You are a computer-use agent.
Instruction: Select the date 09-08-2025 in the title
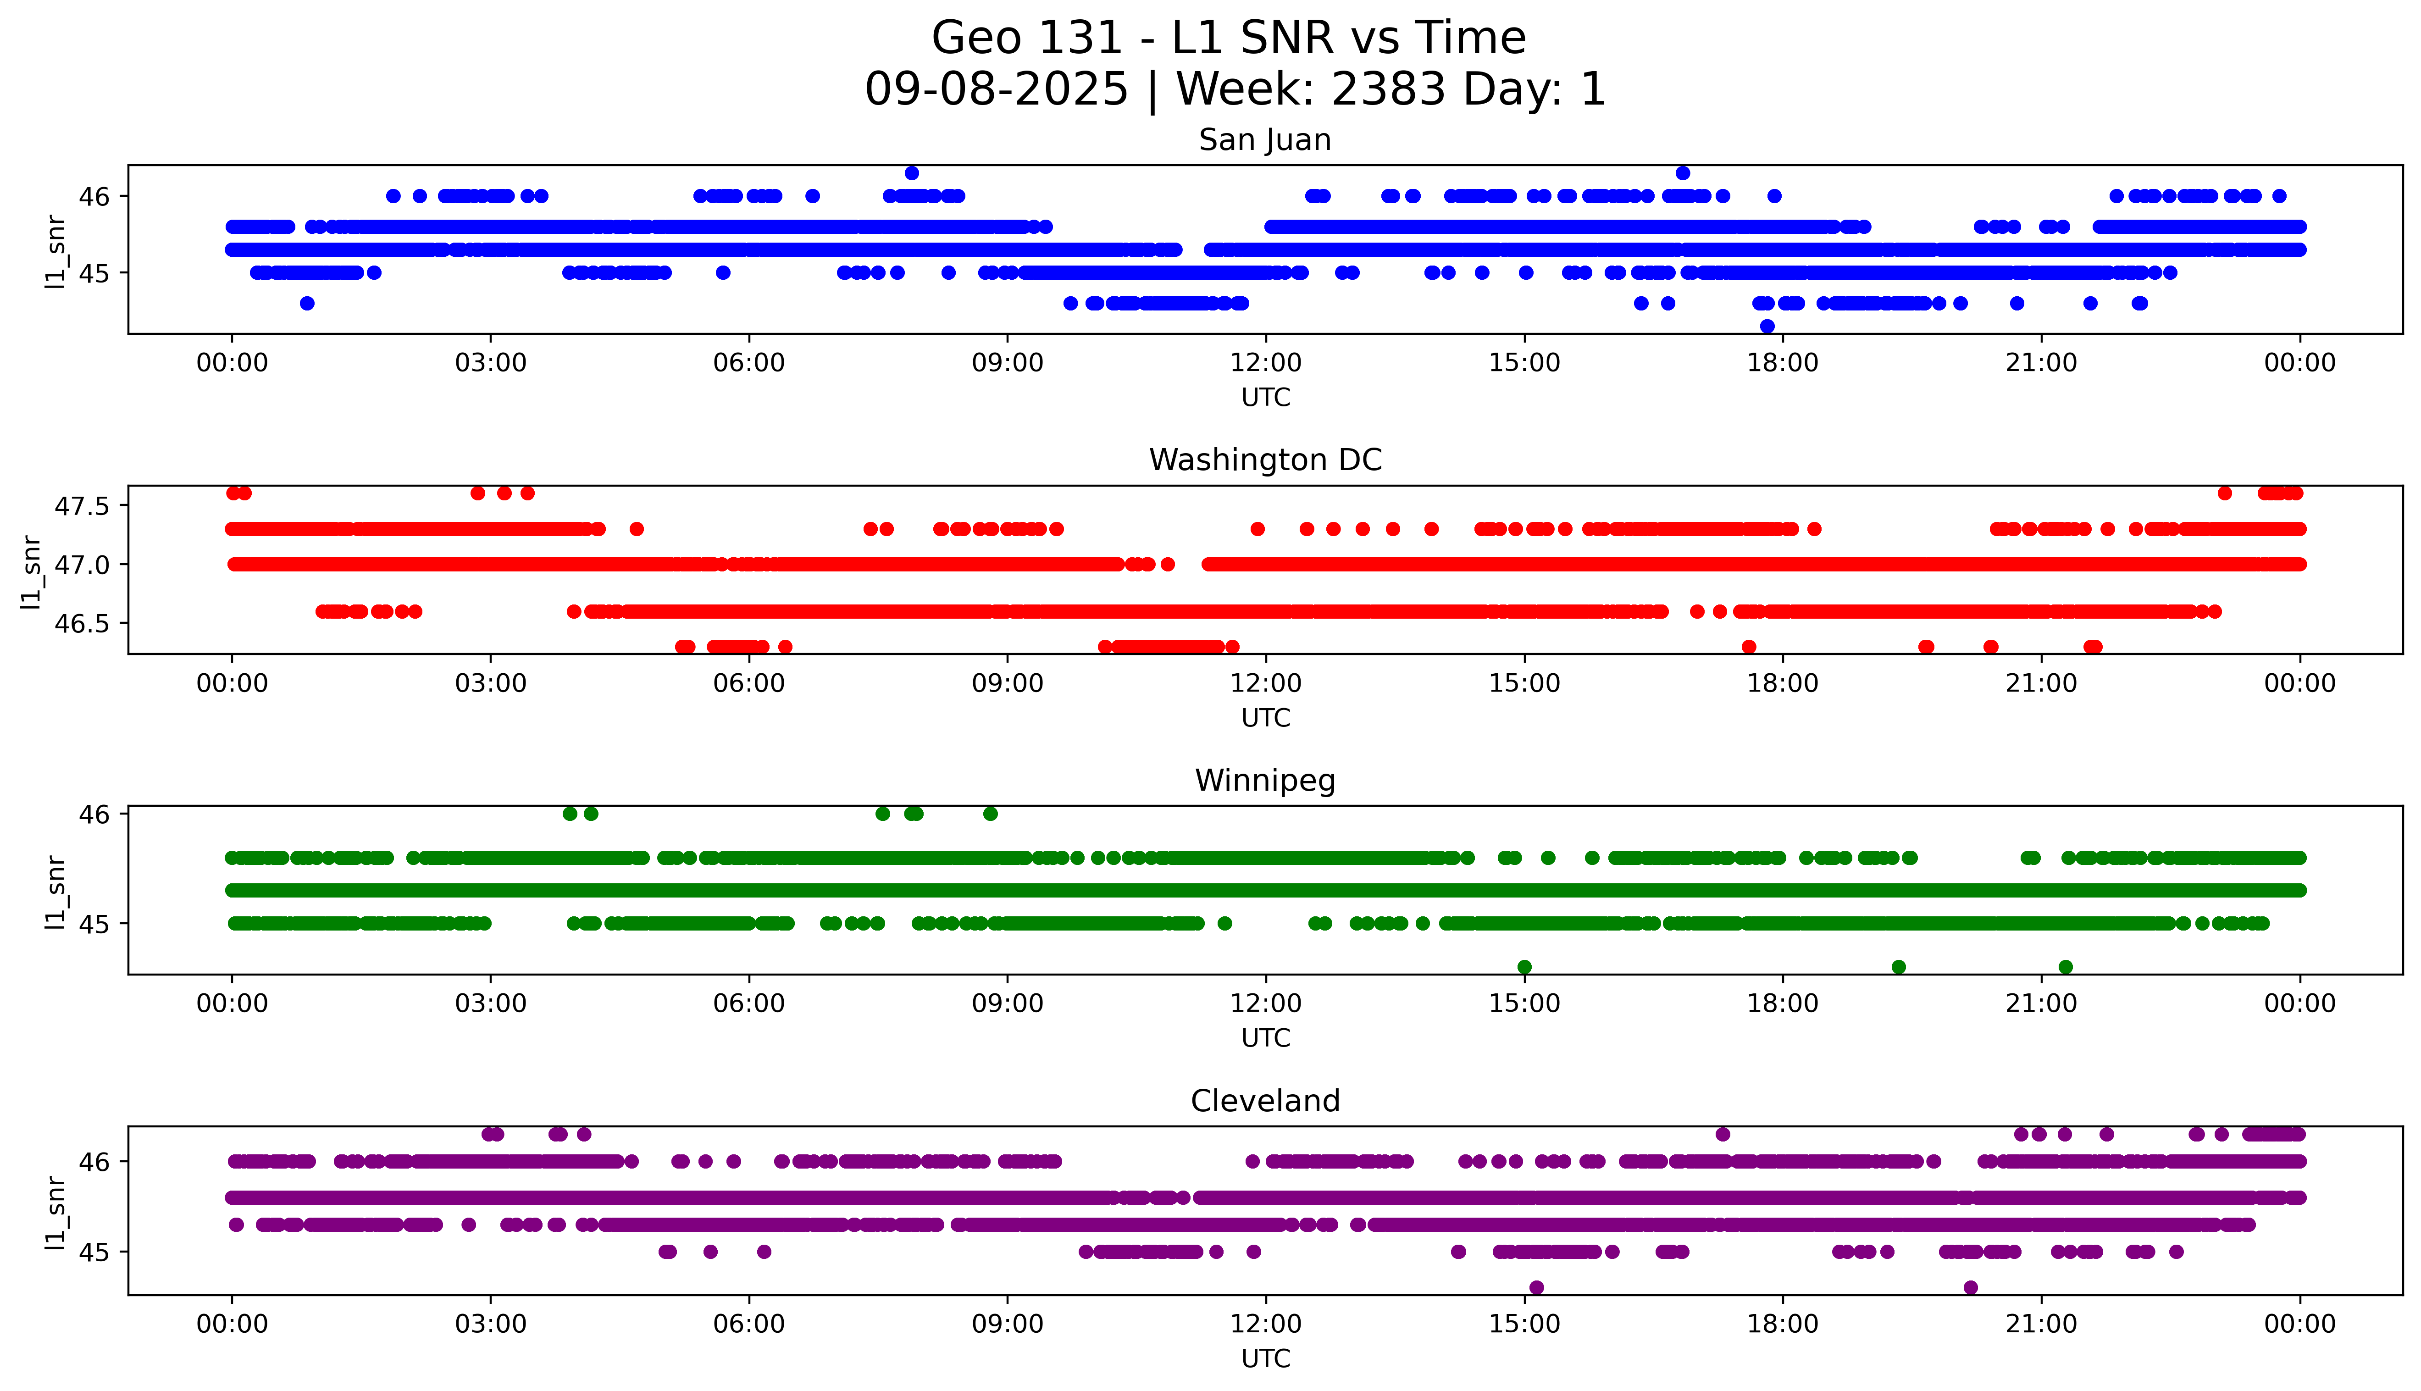point(996,90)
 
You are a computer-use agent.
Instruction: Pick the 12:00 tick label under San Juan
point(1265,363)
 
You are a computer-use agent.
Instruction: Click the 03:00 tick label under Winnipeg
point(491,1004)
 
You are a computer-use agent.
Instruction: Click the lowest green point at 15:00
point(1524,967)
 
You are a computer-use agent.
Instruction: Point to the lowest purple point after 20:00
point(1970,1288)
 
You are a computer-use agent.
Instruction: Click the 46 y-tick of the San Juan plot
point(95,197)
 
